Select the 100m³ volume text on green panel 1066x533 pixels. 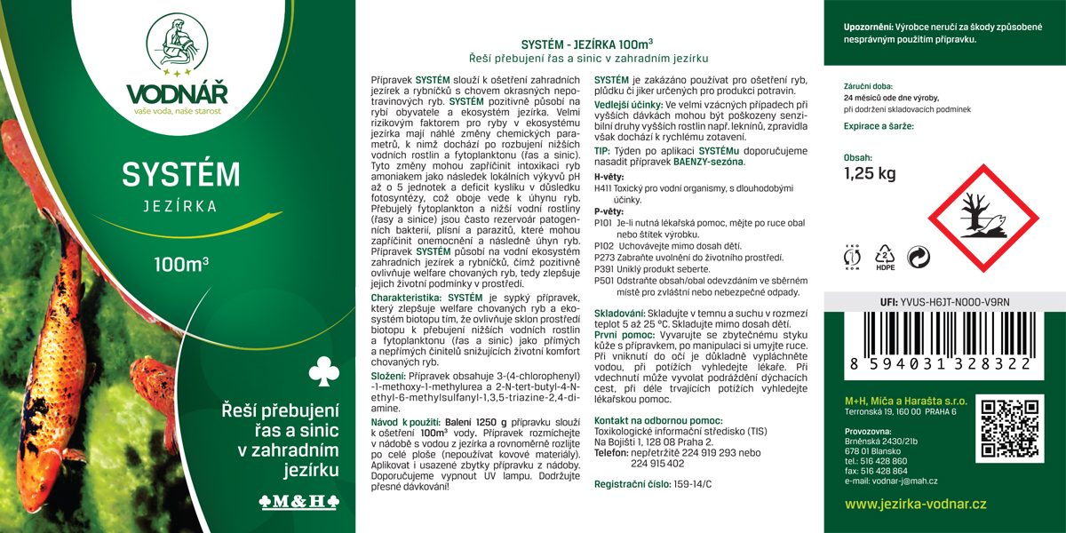pyautogui.click(x=180, y=264)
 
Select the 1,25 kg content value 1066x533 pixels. pyautogui.click(x=869, y=173)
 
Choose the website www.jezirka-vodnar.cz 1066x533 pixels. pyautogui.click(x=915, y=504)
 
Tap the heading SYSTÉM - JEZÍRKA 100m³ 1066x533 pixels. pyautogui.click(x=588, y=44)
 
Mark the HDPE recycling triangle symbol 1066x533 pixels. pyautogui.click(x=886, y=257)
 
